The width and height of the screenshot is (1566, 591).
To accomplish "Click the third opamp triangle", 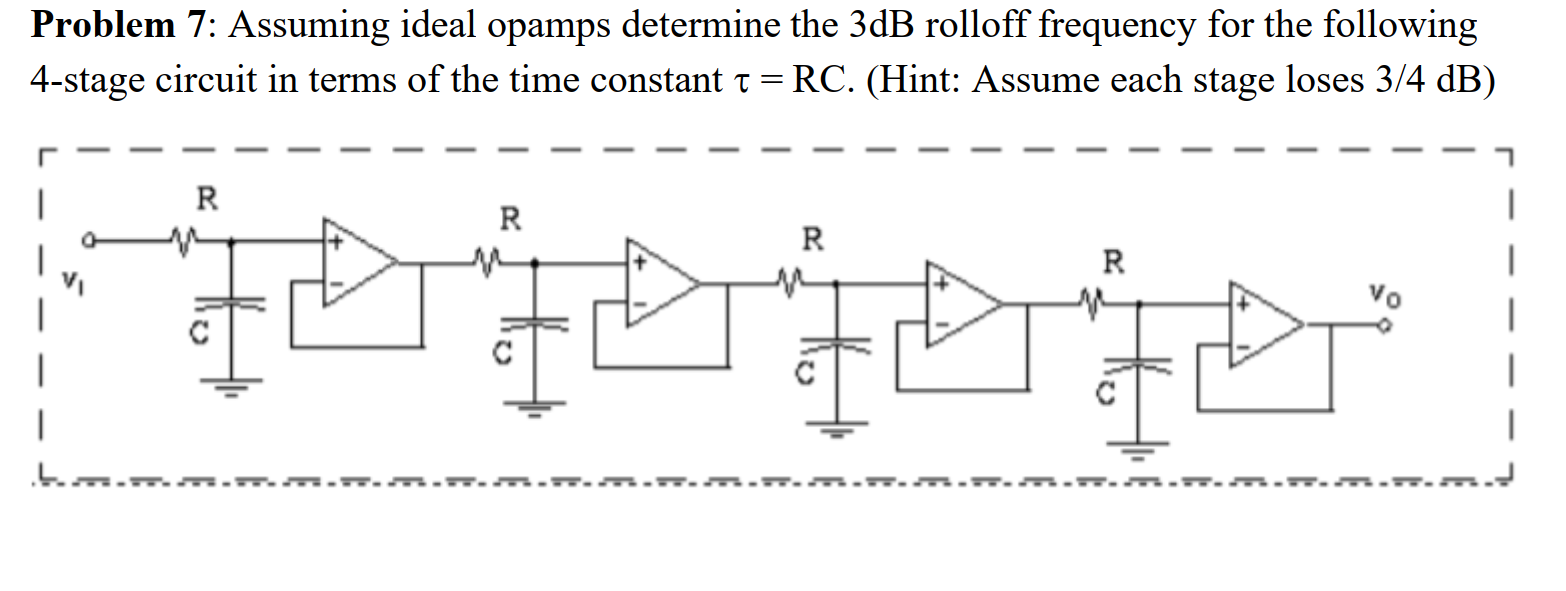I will pos(962,304).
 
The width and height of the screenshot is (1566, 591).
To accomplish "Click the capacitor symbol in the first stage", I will pos(232,300).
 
